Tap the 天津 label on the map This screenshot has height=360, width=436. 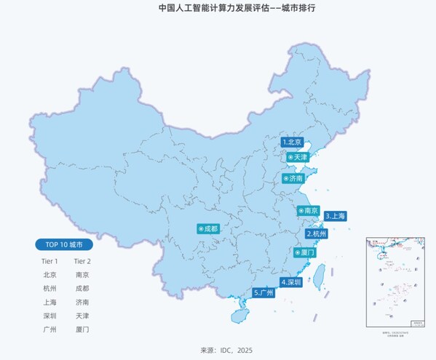click(x=298, y=157)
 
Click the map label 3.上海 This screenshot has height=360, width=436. click(x=336, y=216)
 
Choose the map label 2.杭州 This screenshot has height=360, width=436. click(x=317, y=234)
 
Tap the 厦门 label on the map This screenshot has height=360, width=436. click(x=304, y=252)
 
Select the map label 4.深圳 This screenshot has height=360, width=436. click(x=291, y=282)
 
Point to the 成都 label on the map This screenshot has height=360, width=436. click(x=208, y=228)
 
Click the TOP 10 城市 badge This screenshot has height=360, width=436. click(x=64, y=244)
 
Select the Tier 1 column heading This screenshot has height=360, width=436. click(x=49, y=261)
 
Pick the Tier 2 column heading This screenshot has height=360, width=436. click(x=82, y=261)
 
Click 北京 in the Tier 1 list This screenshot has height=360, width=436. click(x=49, y=275)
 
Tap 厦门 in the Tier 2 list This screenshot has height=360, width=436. click(x=82, y=329)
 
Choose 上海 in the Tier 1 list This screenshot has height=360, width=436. click(x=49, y=302)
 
